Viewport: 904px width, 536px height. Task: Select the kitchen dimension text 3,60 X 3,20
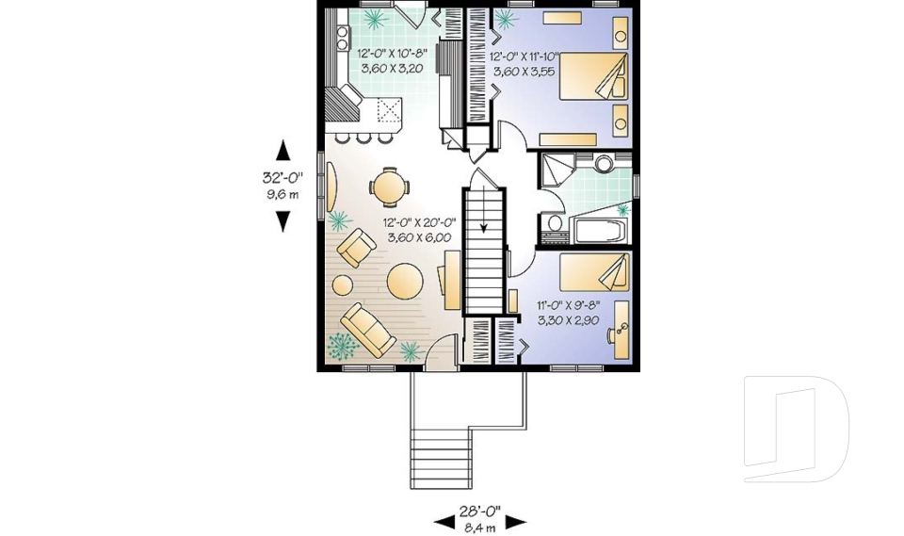tap(393, 69)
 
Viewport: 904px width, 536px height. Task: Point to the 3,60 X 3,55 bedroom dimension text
tap(525, 70)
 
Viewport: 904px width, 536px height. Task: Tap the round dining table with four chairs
tap(389, 185)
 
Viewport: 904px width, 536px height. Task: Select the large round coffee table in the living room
tap(406, 281)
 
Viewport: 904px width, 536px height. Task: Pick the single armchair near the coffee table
tap(357, 250)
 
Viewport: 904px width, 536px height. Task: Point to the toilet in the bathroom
tap(555, 225)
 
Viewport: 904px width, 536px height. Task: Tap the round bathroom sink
tap(604, 163)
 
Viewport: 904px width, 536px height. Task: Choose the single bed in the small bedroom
tap(593, 272)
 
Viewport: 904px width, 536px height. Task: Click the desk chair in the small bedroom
tap(621, 330)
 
